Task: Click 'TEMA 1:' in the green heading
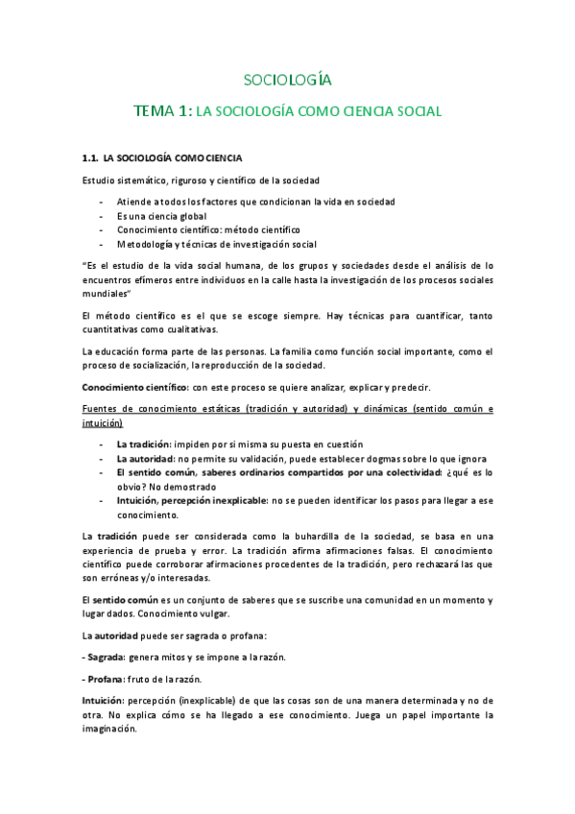click(162, 111)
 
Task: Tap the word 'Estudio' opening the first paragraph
click(100, 180)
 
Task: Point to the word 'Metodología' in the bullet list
click(144, 244)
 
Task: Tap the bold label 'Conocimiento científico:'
click(132, 388)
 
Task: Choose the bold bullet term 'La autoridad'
click(144, 459)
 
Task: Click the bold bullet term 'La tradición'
click(143, 445)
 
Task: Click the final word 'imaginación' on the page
click(109, 729)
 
